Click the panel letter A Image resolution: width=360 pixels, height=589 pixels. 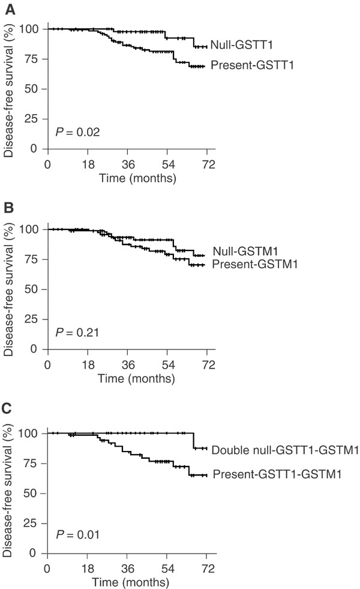click(10, 10)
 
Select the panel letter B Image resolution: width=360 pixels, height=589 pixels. click(9, 208)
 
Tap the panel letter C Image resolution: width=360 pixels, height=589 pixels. click(7, 408)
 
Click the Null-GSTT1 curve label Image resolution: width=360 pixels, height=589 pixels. click(241, 44)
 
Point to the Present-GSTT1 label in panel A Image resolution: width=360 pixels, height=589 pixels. click(252, 65)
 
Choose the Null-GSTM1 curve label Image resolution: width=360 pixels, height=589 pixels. click(245, 251)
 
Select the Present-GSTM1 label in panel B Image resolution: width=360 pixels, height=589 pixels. click(254, 264)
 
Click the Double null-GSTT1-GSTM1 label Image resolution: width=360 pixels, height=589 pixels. click(285, 450)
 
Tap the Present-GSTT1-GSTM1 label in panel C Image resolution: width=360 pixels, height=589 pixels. click(277, 474)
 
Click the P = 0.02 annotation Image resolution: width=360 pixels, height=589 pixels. click(78, 132)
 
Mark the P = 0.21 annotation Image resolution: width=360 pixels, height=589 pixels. click(77, 333)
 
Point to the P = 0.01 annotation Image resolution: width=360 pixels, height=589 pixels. click(78, 534)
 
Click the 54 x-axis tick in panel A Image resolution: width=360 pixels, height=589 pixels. click(168, 165)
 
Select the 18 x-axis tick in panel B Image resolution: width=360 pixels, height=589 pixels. click(88, 364)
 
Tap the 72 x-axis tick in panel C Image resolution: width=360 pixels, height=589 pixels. click(208, 569)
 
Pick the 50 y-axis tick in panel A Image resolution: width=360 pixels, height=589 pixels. click(32, 89)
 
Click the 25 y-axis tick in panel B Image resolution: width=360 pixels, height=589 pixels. click(32, 319)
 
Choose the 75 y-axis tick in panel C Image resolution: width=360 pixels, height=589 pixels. click(31, 463)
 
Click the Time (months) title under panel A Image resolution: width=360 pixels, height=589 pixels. click(137, 178)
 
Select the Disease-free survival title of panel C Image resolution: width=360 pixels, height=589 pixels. click(7, 491)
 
